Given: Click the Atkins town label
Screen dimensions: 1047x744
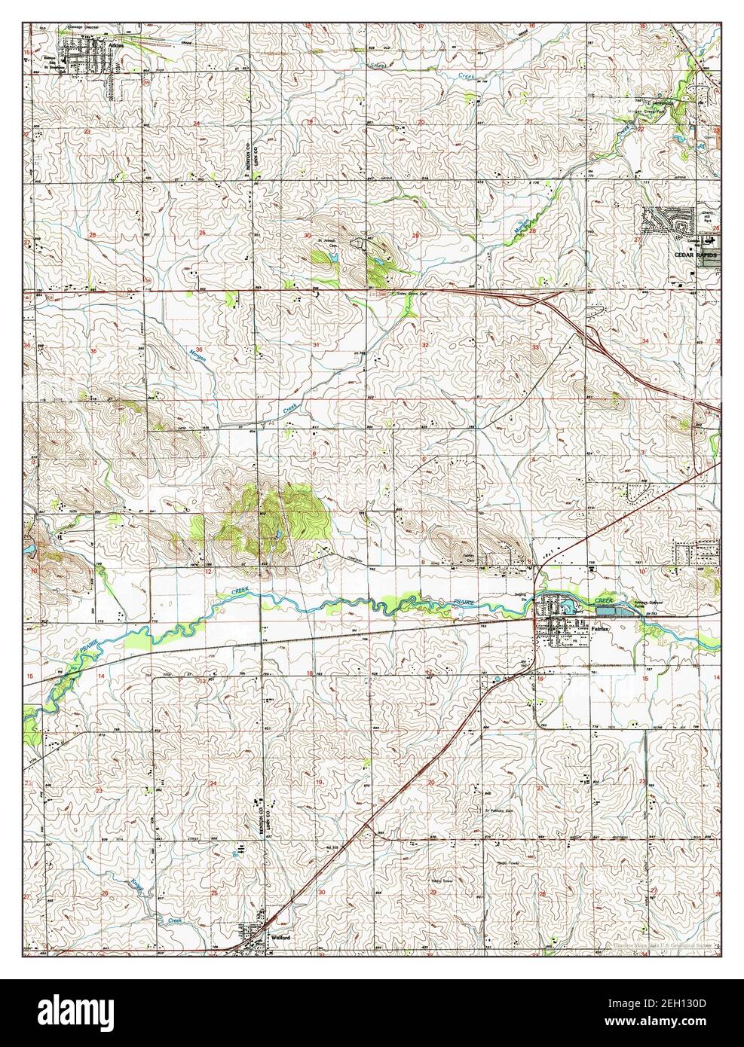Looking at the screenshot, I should coord(115,45).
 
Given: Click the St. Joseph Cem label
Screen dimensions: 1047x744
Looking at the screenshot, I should coord(325,243).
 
